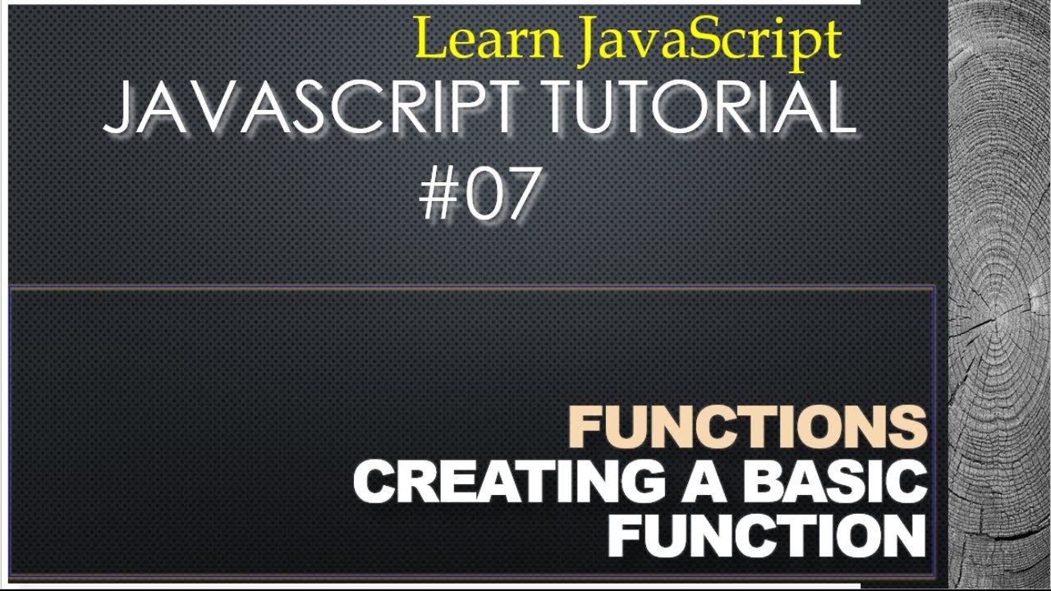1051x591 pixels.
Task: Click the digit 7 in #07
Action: click(521, 195)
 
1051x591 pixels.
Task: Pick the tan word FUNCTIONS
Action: click(748, 428)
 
